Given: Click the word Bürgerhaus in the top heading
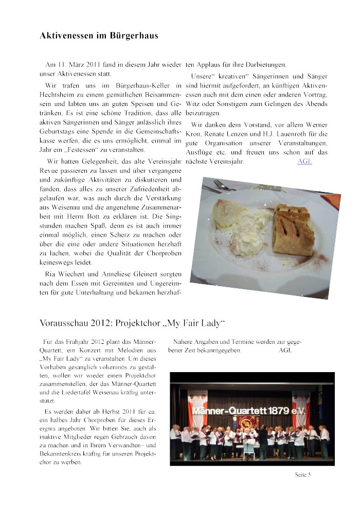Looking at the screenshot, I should tap(134, 36).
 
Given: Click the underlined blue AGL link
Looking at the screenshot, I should tap(304, 162).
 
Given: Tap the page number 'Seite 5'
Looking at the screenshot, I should tap(303, 475).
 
